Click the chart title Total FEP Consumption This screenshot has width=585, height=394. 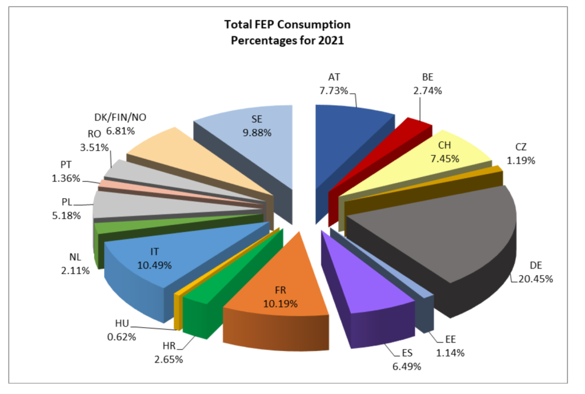[x=287, y=25]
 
